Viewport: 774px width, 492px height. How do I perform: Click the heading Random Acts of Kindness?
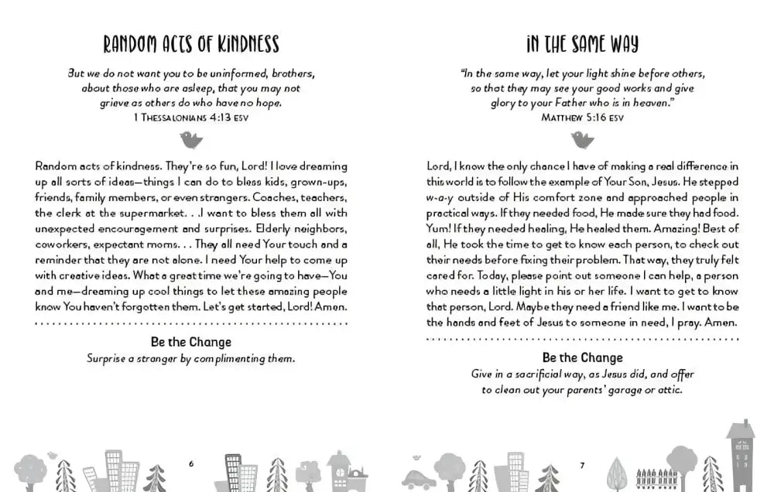coord(190,44)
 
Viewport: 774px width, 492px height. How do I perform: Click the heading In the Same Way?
coord(582,44)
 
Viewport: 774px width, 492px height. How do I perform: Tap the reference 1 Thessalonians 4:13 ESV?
coord(190,117)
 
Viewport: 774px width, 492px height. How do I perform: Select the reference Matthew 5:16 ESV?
coord(582,117)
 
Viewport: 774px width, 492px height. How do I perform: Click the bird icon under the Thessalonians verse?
coord(190,139)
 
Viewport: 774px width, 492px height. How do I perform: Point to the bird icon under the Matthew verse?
coord(582,139)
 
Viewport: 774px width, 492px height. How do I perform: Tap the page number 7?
coord(582,464)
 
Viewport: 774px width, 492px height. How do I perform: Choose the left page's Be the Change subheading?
coord(190,342)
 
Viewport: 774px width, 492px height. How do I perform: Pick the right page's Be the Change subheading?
coord(582,357)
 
